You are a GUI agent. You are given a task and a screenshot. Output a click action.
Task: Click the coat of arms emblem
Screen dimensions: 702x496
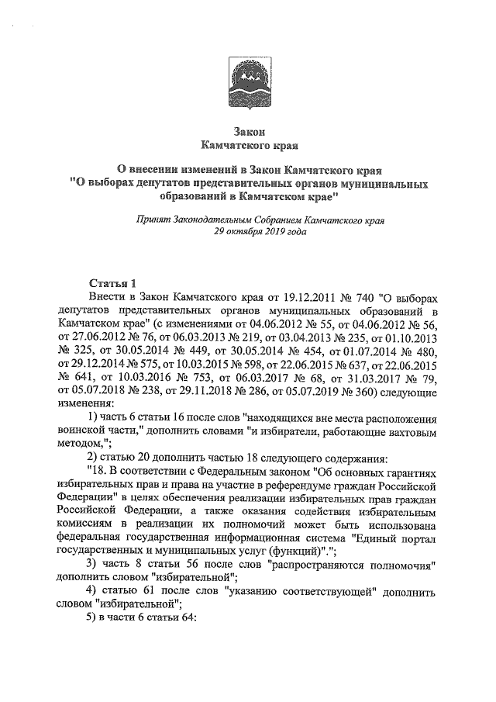(247, 79)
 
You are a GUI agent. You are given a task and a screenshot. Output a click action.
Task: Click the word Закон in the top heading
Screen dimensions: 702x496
(248, 131)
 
